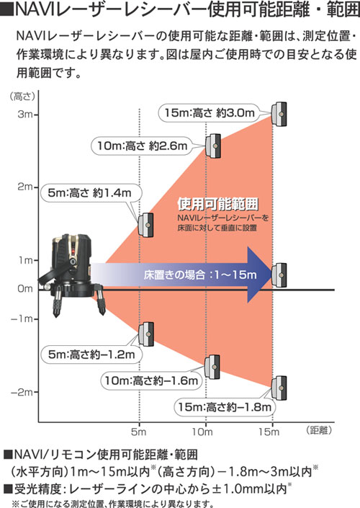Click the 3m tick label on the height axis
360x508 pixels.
pos(25,115)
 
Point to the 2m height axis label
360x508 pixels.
pos(25,187)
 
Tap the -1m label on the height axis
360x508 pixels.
pos(22,318)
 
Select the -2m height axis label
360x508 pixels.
pos(22,392)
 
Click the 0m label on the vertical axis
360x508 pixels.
pos(25,289)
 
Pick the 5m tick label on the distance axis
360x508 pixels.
pos(139,432)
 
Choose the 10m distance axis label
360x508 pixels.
pos(202,432)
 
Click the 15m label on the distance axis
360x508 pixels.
pos(269,432)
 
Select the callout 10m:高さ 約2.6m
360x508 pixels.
pos(143,146)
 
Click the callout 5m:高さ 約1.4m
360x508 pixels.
pos(90,193)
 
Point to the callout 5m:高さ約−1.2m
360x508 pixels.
pos(91,355)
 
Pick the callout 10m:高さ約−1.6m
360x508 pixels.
pos(151,380)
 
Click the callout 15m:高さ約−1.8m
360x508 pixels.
pos(225,407)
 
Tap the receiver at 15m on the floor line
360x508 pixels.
pos(279,275)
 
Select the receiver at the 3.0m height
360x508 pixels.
pos(279,114)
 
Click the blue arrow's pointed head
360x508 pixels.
pos(259,275)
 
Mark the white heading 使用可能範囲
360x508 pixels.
pos(218,203)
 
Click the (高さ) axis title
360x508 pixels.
pos(22,97)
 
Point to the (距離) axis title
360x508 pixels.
pos(319,430)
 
